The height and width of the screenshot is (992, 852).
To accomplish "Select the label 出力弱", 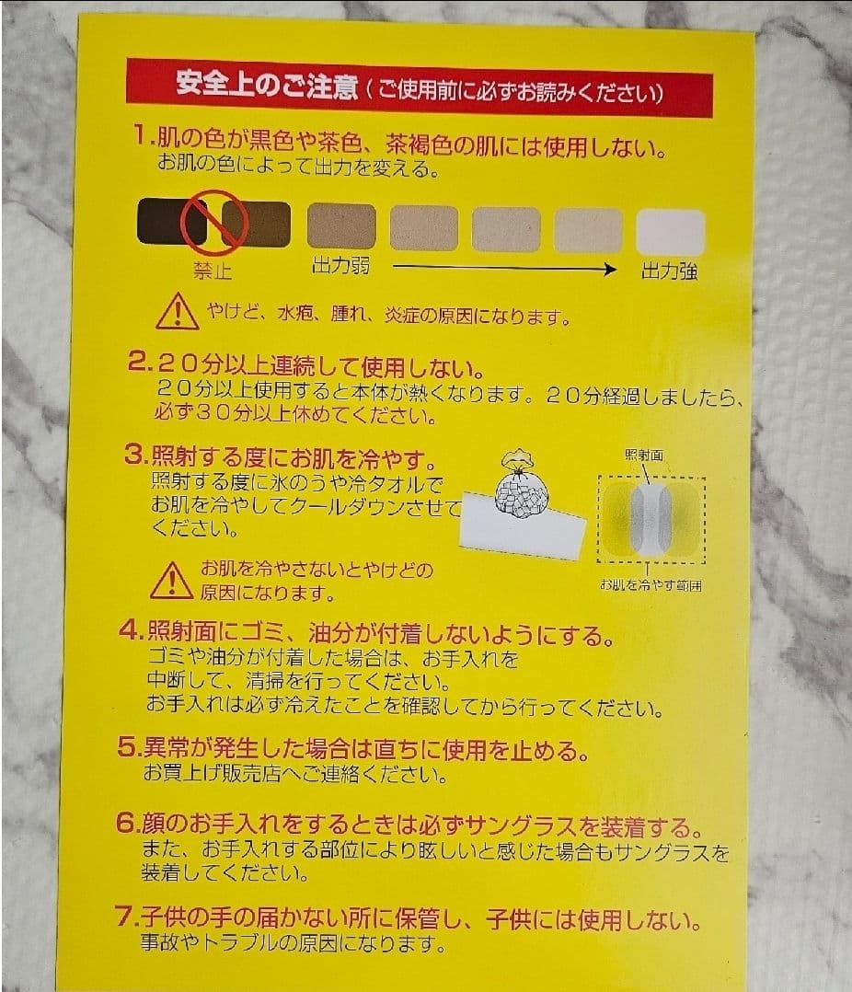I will (x=340, y=268).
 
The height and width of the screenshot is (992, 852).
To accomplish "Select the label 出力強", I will (x=669, y=271).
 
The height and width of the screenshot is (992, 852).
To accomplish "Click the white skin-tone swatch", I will (x=672, y=232).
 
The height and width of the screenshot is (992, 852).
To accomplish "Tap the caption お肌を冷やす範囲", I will (x=650, y=586).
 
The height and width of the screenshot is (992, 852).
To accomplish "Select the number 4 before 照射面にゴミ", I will (x=131, y=633).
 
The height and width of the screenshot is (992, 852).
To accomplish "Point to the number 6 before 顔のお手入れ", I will (x=127, y=825).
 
